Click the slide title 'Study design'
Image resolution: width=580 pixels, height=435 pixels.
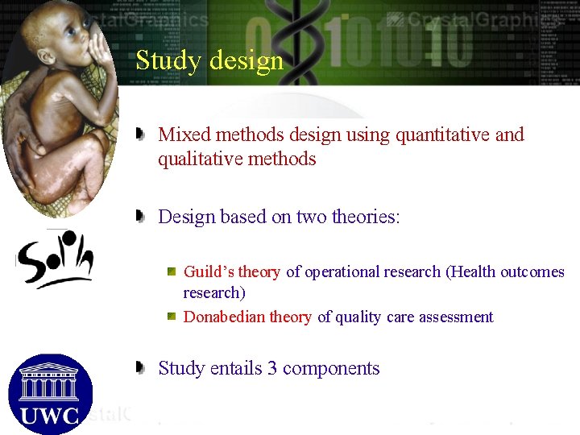pos(209,61)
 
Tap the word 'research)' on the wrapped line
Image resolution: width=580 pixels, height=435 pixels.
pos(214,292)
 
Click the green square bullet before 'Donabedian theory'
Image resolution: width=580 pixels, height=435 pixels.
pos(172,316)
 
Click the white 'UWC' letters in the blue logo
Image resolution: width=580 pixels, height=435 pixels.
pos(50,416)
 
